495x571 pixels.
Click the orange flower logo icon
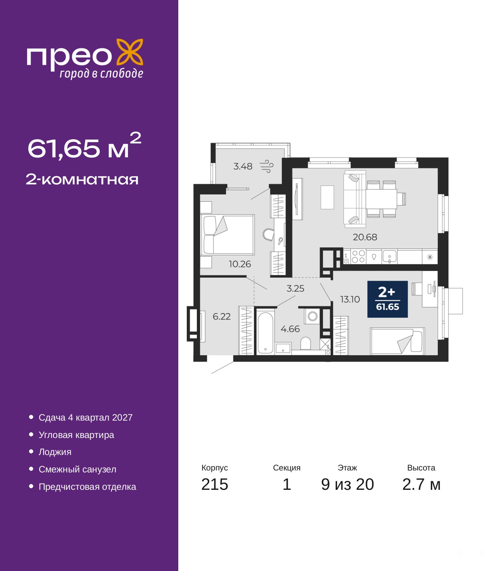[x=130, y=53]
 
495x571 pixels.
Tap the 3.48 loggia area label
[x=242, y=166]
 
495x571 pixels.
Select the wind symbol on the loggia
[x=267, y=166]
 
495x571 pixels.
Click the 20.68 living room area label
[x=365, y=237]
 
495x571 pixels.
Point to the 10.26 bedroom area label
[x=240, y=264]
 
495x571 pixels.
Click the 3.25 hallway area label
[x=295, y=288]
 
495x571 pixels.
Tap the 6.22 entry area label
[x=222, y=316]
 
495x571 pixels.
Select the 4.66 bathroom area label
[x=290, y=329]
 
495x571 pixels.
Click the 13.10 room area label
[x=350, y=299]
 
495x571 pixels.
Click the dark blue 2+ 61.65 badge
[x=387, y=299]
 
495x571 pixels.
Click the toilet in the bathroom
[x=306, y=343]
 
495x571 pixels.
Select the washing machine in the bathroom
[x=312, y=316]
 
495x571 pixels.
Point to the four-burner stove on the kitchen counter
[x=358, y=256]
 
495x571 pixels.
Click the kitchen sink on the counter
[x=389, y=256]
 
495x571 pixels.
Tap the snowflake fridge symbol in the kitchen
[x=430, y=257]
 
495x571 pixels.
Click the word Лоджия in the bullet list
[x=55, y=452]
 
